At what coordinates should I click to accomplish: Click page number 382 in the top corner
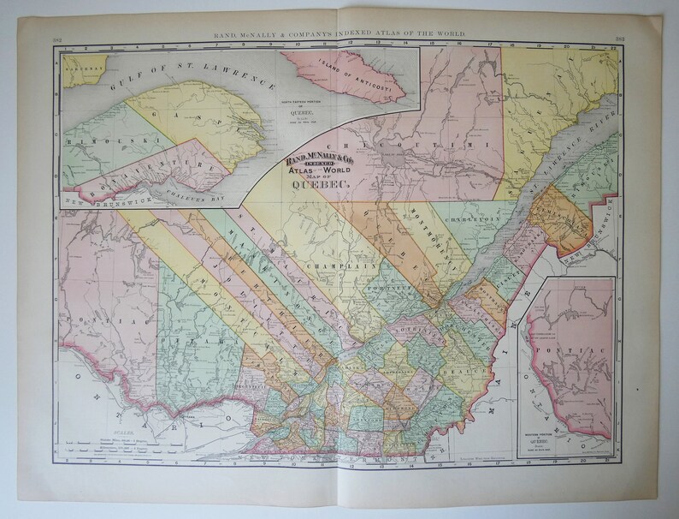coord(56,39)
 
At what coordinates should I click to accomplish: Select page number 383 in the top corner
coord(619,39)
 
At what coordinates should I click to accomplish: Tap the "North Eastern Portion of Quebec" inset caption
coord(368,117)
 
